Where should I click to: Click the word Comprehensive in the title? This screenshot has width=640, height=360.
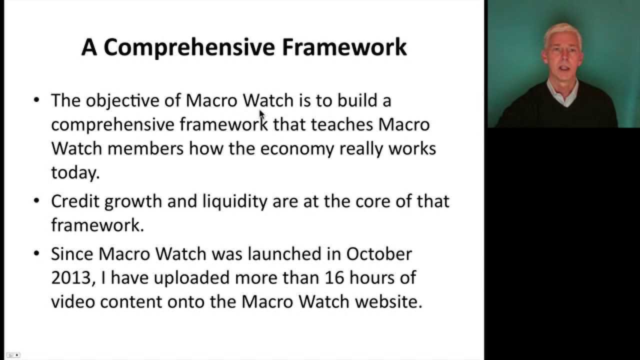point(189,47)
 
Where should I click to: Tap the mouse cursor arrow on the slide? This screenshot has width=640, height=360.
point(261,114)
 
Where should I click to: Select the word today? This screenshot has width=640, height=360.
point(75,172)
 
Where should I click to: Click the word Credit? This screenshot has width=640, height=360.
point(75,201)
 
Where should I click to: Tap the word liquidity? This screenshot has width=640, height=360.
point(235,201)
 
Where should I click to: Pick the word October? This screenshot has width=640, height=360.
point(379,253)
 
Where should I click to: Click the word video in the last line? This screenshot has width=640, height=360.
point(73,302)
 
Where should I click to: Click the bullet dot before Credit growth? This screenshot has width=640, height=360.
point(36,201)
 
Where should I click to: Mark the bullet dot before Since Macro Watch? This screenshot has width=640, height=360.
point(36,253)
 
